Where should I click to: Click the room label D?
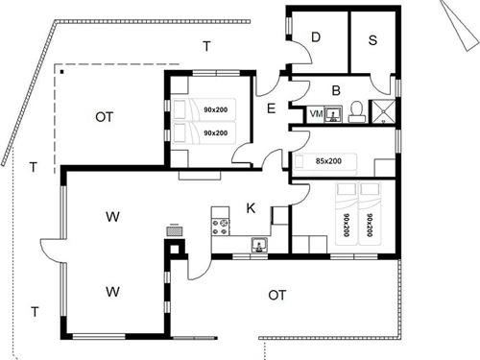[x=316, y=37]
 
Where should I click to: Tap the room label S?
[x=372, y=40]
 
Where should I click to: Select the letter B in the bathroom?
[x=336, y=90]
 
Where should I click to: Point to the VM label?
[x=316, y=113]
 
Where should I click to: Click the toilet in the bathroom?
[x=356, y=111]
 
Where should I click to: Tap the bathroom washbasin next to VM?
[x=333, y=114]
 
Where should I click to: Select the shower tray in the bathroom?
[x=383, y=111]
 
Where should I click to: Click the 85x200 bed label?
[x=328, y=161]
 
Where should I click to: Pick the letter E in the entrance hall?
[x=271, y=108]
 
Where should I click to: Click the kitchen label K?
[x=251, y=208]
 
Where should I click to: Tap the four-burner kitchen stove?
[x=220, y=227]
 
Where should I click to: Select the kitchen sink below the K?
[x=260, y=245]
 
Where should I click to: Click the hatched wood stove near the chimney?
[x=175, y=231]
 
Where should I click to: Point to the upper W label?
[x=112, y=217]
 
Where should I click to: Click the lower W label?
[x=112, y=292]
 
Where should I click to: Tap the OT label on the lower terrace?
[x=277, y=295]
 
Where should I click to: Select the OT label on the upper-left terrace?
[x=105, y=117]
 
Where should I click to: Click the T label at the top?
[x=207, y=47]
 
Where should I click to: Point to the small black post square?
[x=62, y=72]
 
